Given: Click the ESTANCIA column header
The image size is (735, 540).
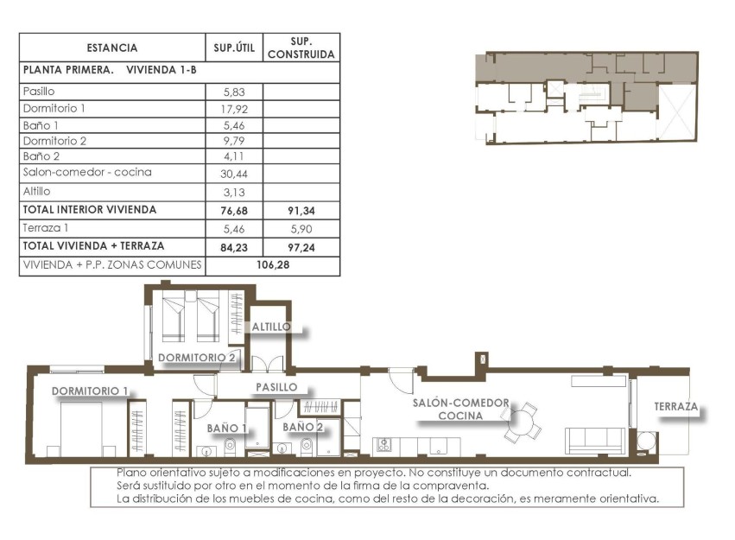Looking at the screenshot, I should (111, 48).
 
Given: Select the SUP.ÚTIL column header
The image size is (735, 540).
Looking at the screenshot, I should (234, 48).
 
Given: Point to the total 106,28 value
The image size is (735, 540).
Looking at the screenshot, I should (274, 265).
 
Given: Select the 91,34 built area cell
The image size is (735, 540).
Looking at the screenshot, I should (301, 210).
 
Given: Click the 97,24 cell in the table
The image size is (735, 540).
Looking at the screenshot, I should (301, 245).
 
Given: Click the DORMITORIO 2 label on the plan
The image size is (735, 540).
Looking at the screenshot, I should (197, 357).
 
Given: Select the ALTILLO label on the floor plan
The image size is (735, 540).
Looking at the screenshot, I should (271, 327).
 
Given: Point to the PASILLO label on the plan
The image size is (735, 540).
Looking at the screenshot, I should (276, 387).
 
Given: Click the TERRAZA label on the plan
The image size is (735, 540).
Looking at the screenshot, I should (676, 406).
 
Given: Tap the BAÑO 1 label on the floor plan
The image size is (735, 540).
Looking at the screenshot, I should (228, 427).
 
